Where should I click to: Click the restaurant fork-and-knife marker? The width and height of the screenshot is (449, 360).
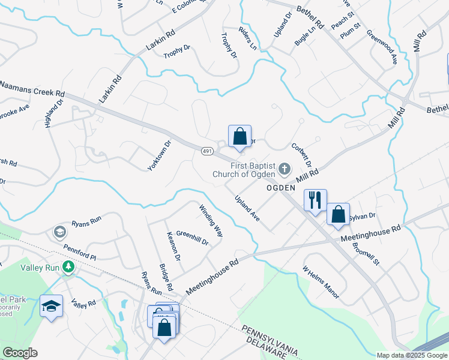[316, 200]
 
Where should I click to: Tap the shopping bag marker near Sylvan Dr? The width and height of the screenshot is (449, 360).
[338, 214]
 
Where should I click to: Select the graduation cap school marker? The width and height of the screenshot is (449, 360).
[52, 307]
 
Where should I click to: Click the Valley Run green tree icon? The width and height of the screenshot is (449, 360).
[69, 266]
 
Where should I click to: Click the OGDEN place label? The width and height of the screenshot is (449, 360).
[281, 188]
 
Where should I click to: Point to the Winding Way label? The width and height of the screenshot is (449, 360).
[211, 220]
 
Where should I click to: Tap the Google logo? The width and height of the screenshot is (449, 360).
[20, 353]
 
